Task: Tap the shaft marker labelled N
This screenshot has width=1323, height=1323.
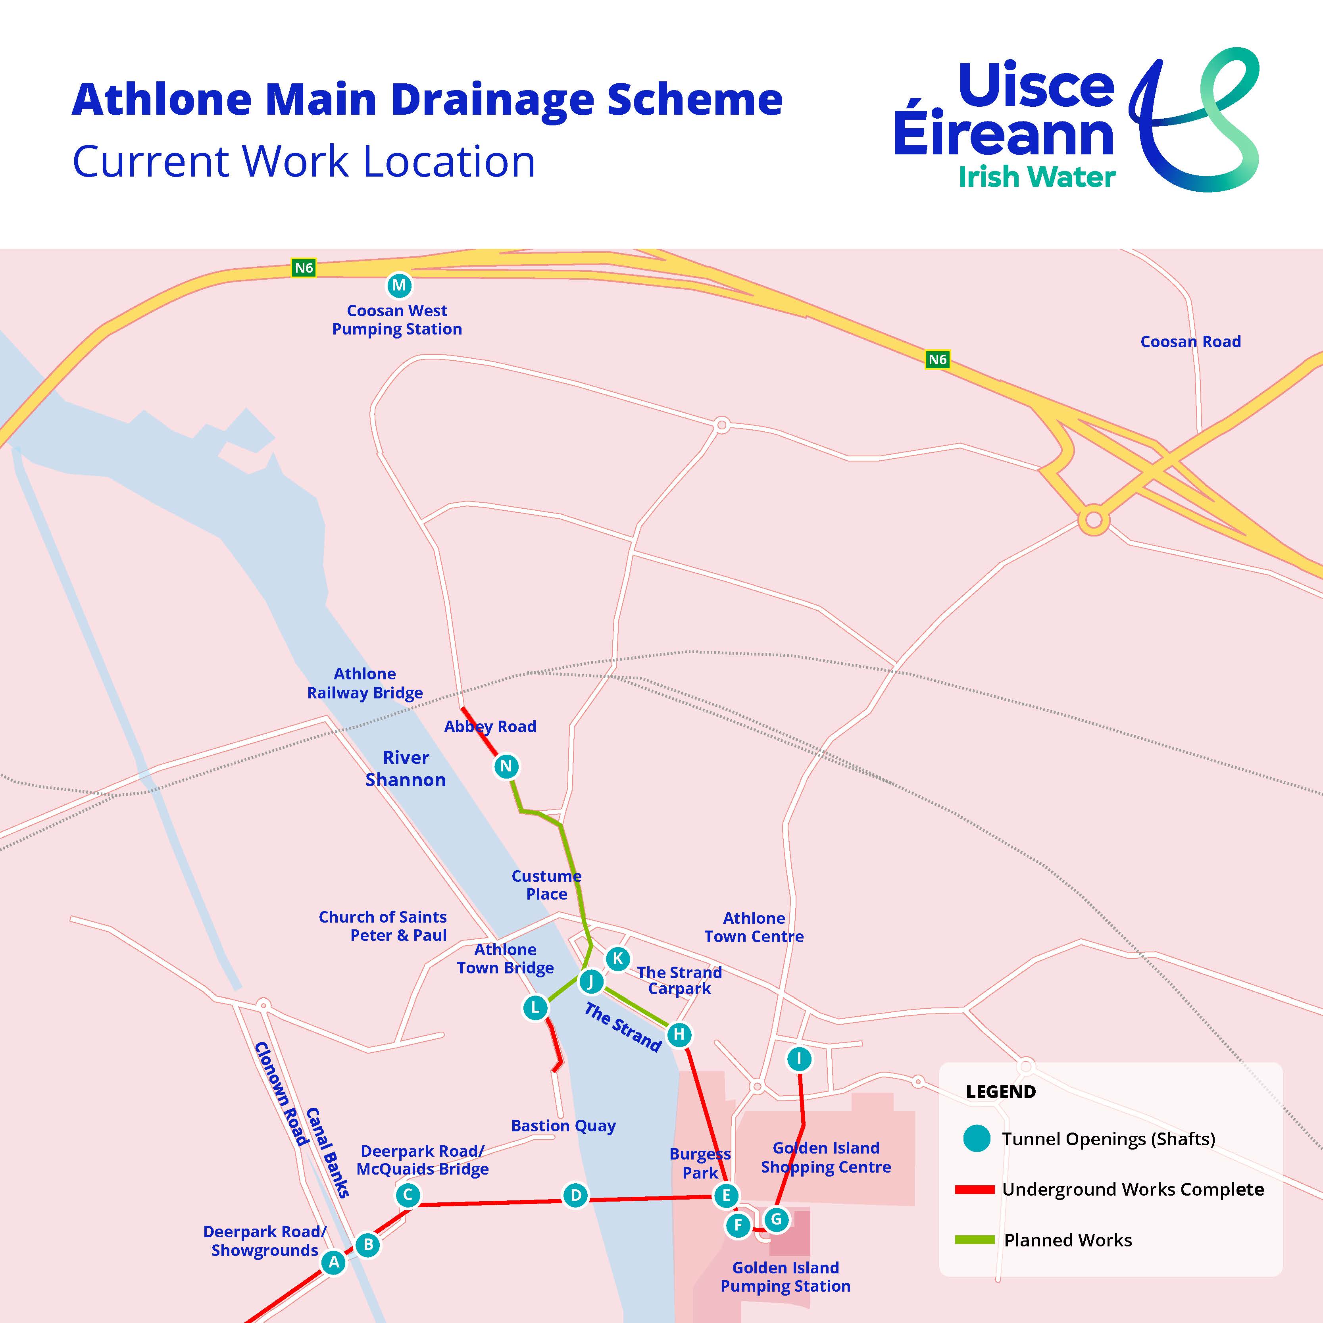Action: pyautogui.click(x=506, y=766)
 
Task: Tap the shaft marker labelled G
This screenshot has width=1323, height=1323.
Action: pyautogui.click(x=776, y=1219)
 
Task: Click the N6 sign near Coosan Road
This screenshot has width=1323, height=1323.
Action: pyautogui.click(x=937, y=360)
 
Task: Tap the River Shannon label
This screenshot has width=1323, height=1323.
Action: pyautogui.click(x=406, y=768)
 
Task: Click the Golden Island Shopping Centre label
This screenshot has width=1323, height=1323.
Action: pyautogui.click(x=826, y=1157)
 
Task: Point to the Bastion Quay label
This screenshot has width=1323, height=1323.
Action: pyautogui.click(x=563, y=1126)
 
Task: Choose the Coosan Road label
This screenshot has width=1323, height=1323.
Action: pyautogui.click(x=1190, y=342)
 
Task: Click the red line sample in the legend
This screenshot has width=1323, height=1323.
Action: pyautogui.click(x=975, y=1189)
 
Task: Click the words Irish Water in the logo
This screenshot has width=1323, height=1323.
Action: pyautogui.click(x=1037, y=177)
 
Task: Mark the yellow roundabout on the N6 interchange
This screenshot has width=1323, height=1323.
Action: pyautogui.click(x=1094, y=520)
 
